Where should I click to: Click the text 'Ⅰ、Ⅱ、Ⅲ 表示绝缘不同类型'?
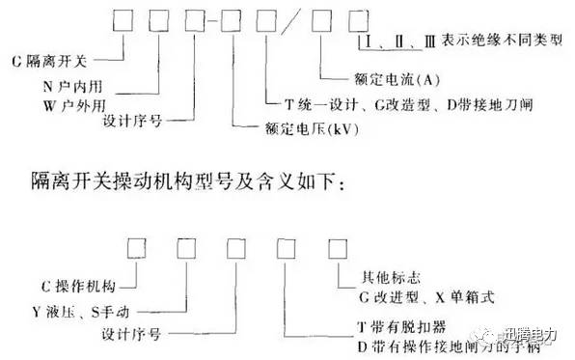[x=462, y=47]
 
